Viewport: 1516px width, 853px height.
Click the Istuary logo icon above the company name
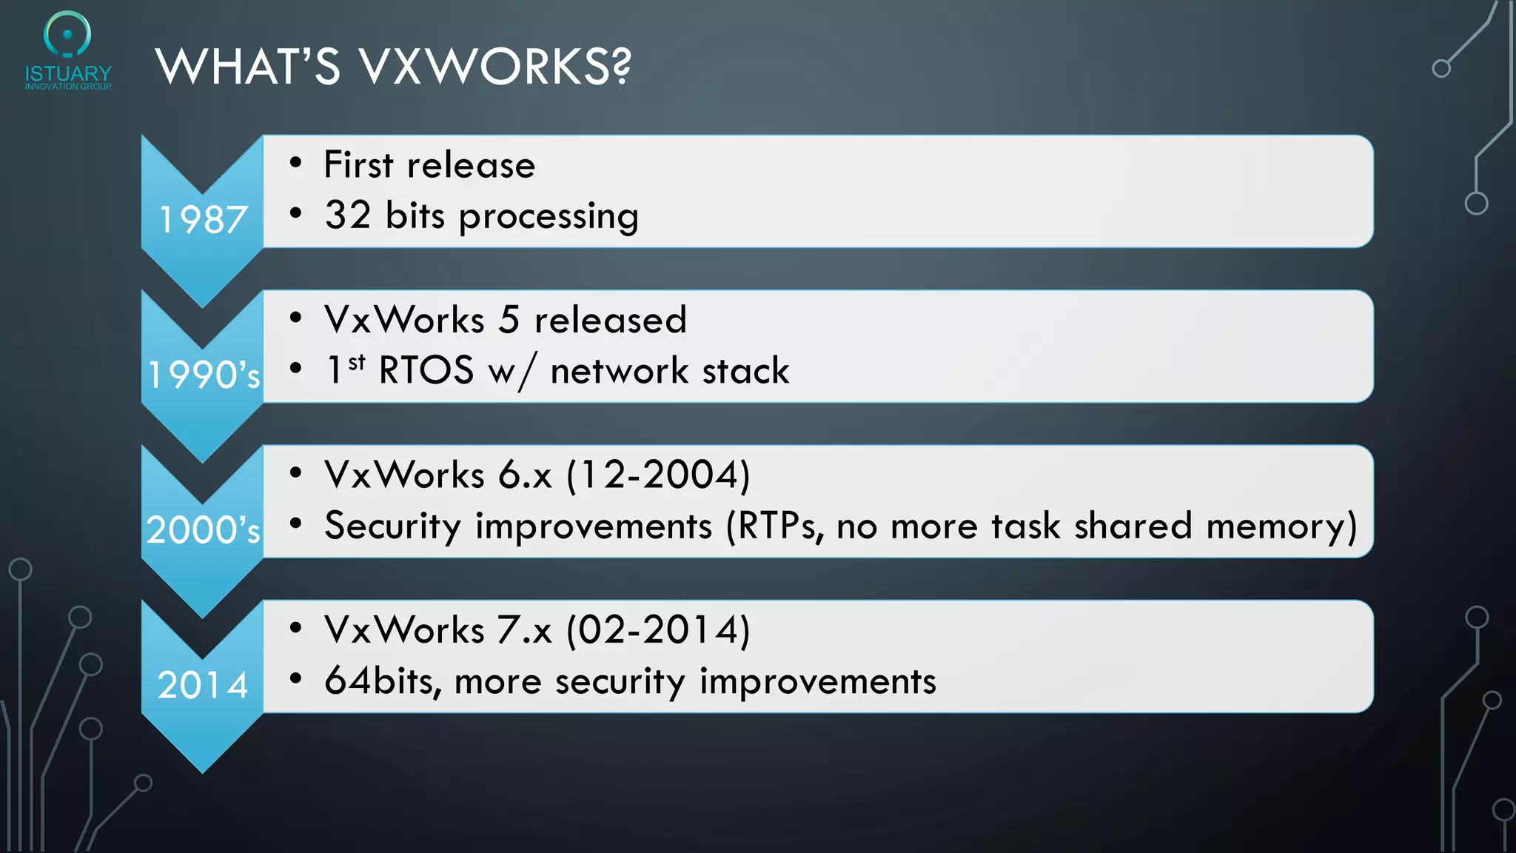(67, 34)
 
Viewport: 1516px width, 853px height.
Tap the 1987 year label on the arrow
(203, 220)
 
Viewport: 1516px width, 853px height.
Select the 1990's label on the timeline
(204, 375)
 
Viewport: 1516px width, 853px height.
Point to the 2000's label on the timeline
(203, 530)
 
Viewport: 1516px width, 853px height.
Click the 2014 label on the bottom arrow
(203, 685)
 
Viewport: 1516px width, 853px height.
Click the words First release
(429, 164)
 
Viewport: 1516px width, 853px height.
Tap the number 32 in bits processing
(347, 215)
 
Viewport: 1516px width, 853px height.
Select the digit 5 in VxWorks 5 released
(509, 320)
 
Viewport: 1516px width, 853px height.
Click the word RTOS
(426, 370)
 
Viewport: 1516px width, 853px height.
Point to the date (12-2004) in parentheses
(659, 475)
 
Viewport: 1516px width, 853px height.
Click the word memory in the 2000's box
(1281, 526)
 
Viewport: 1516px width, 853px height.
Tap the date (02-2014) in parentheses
(659, 630)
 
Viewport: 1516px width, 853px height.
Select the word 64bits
(382, 681)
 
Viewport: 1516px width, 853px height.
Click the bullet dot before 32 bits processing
(296, 214)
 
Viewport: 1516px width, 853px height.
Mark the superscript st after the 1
(357, 362)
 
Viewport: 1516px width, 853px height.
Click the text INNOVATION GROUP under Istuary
(68, 87)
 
